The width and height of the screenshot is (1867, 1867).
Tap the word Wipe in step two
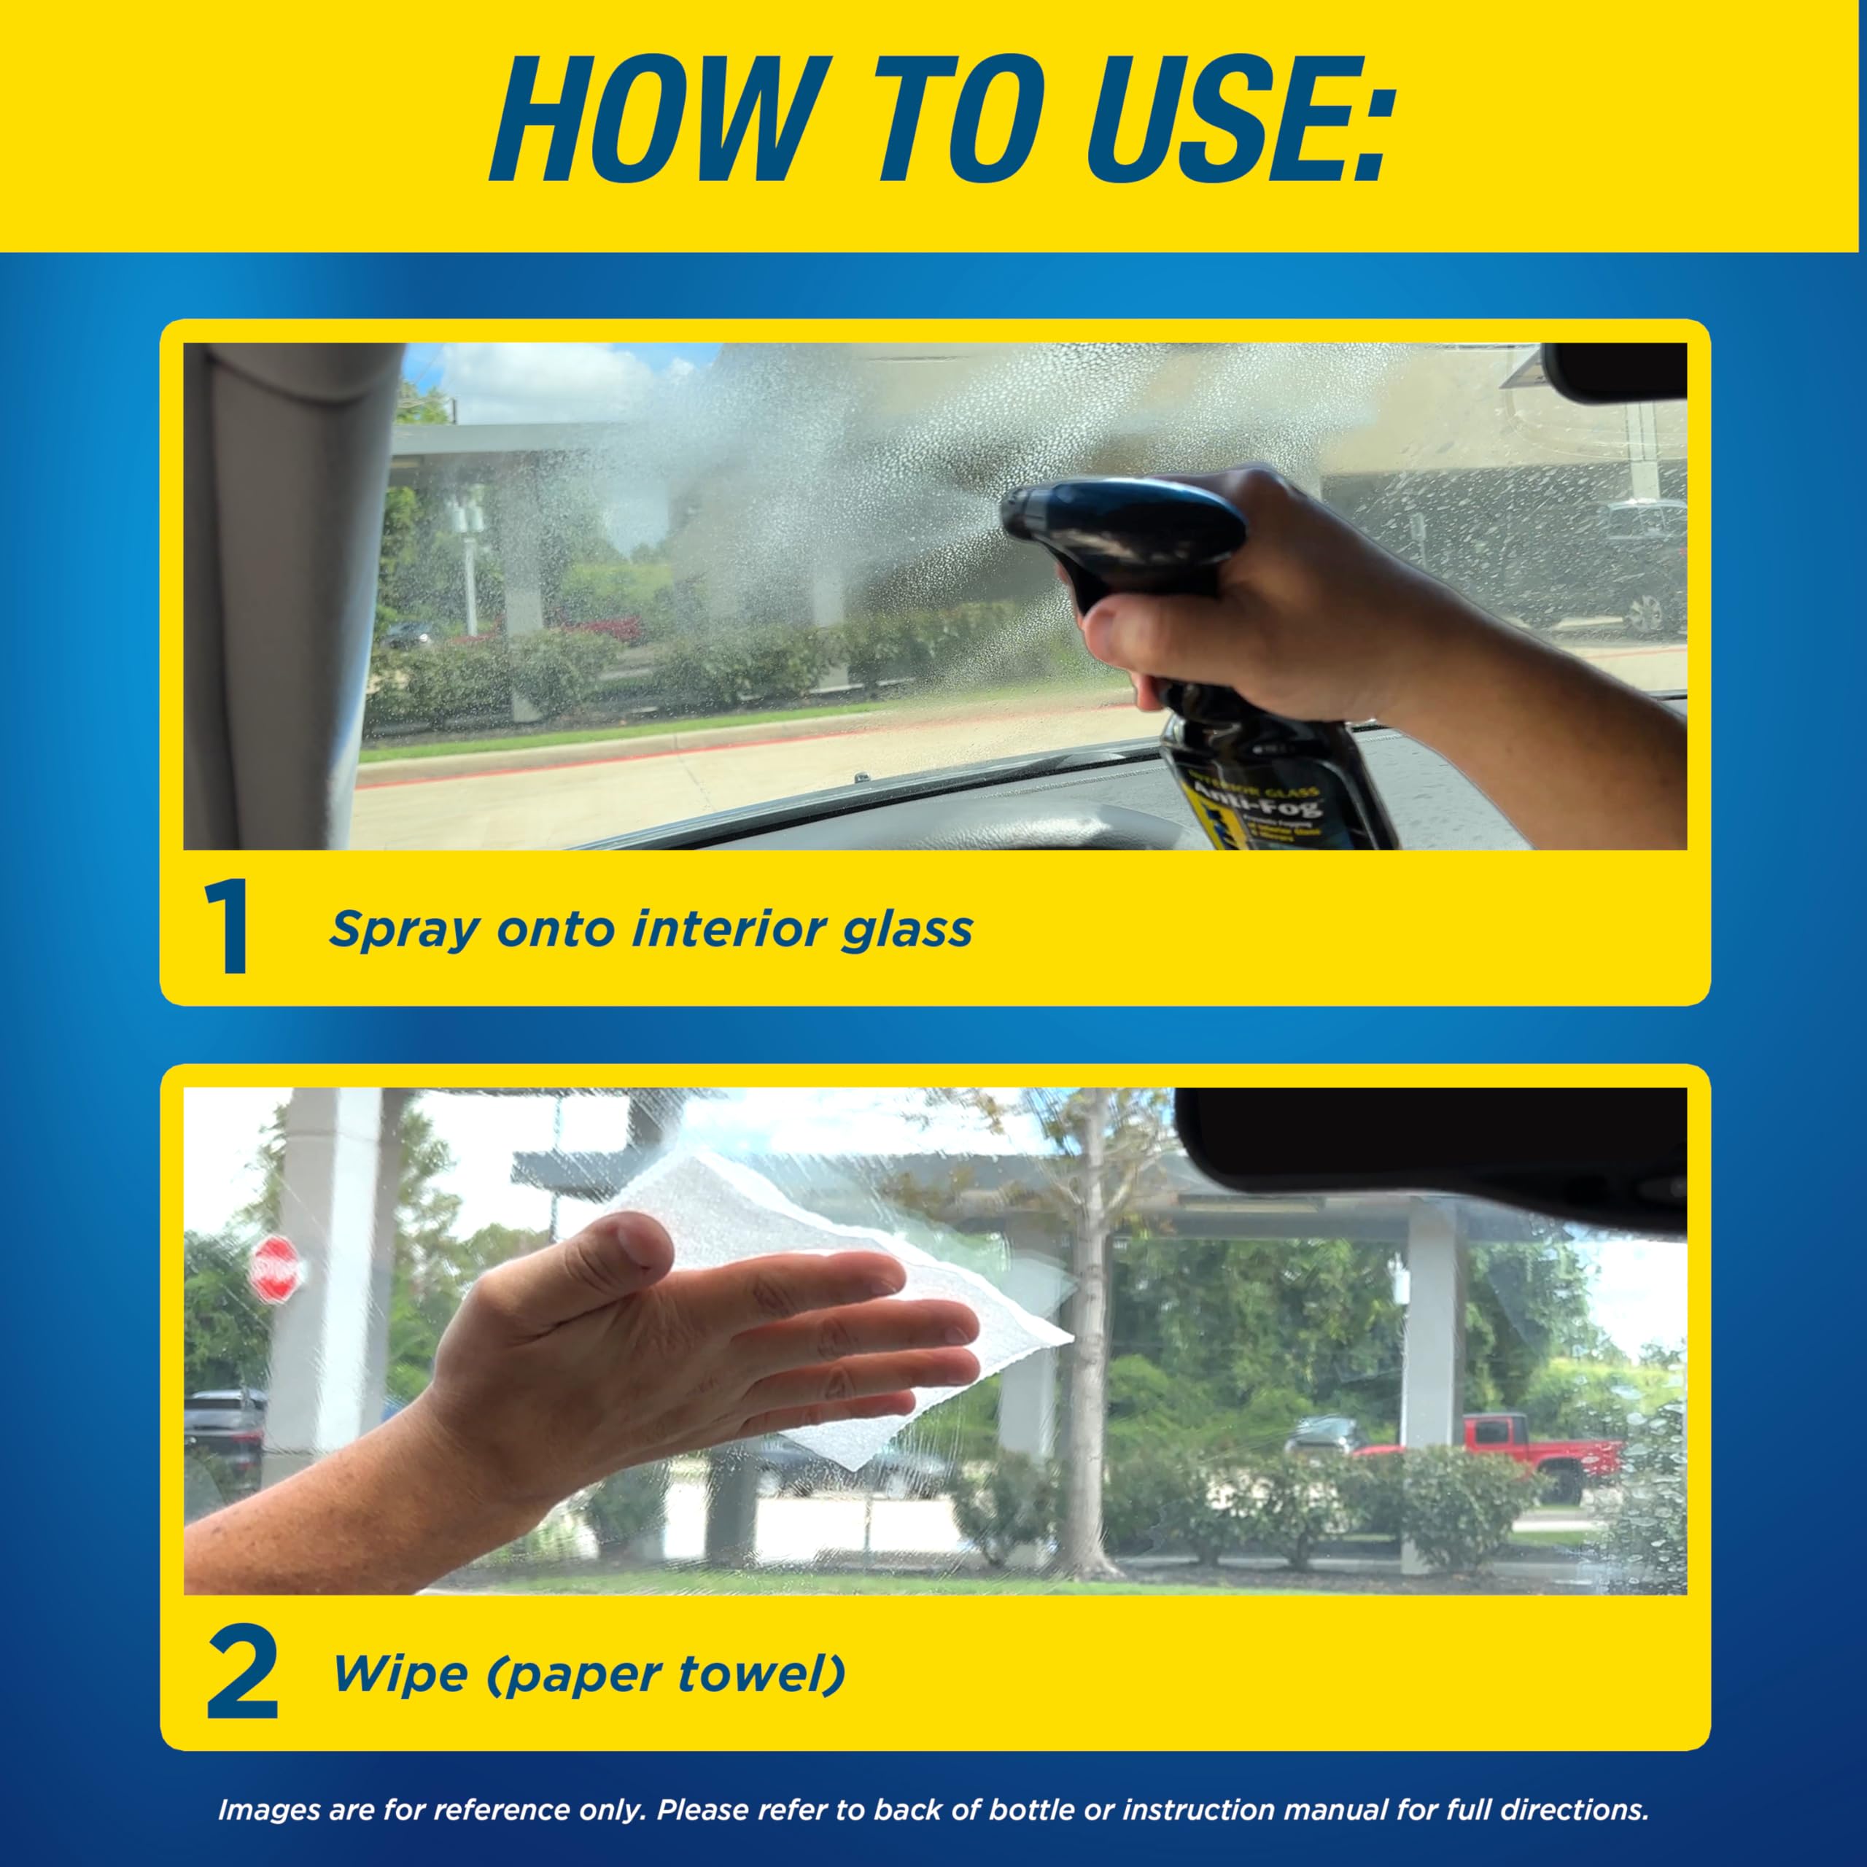click(x=400, y=1674)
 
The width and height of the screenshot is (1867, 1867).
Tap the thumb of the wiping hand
click(x=618, y=1246)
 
